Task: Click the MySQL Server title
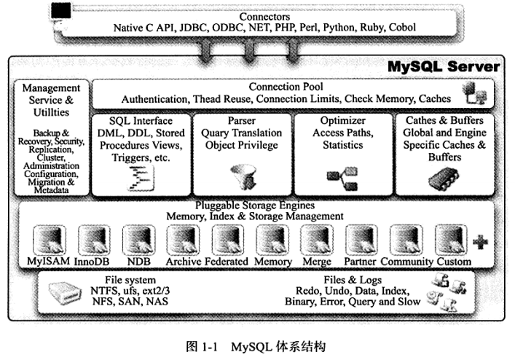[444, 66]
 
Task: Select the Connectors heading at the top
[264, 17]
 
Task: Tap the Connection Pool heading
[286, 87]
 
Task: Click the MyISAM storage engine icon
[50, 240]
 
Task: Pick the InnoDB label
[92, 262]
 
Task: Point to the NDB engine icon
[138, 240]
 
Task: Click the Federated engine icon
[228, 240]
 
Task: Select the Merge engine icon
[317, 240]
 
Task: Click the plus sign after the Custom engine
[480, 243]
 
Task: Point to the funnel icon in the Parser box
[243, 176]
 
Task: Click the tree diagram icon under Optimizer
[342, 179]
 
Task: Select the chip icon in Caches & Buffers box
[444, 179]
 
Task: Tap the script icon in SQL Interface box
[141, 178]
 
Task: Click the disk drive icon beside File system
[65, 293]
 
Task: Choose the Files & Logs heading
[353, 280]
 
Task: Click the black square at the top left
[60, 10]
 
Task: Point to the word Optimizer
[342, 120]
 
